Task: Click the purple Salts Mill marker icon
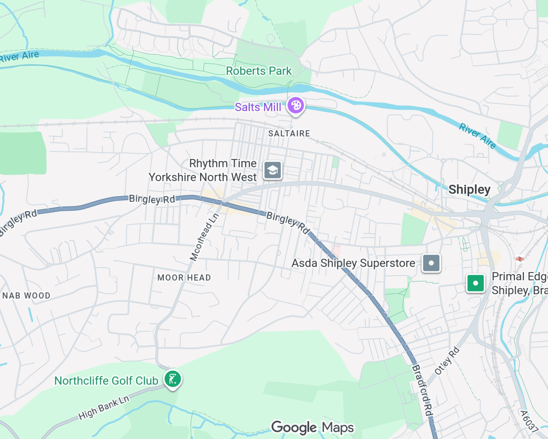click(x=296, y=105)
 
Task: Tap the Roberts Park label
click(x=259, y=71)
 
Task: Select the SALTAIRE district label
click(x=289, y=134)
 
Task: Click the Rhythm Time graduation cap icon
click(x=272, y=170)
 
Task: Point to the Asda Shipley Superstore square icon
click(x=431, y=263)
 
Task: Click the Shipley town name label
click(x=469, y=189)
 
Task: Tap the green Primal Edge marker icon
click(x=475, y=283)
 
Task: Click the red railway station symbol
click(x=520, y=259)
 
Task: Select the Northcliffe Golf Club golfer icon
click(x=173, y=379)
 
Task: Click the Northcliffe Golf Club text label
click(x=106, y=381)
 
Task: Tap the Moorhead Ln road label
click(x=204, y=237)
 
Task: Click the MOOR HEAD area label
click(x=184, y=278)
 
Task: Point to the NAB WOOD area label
click(x=26, y=296)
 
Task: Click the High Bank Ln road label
click(x=104, y=408)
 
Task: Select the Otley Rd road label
click(x=447, y=361)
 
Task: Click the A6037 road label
click(x=529, y=421)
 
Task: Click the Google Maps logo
click(x=313, y=427)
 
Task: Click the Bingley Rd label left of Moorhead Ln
click(x=152, y=199)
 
